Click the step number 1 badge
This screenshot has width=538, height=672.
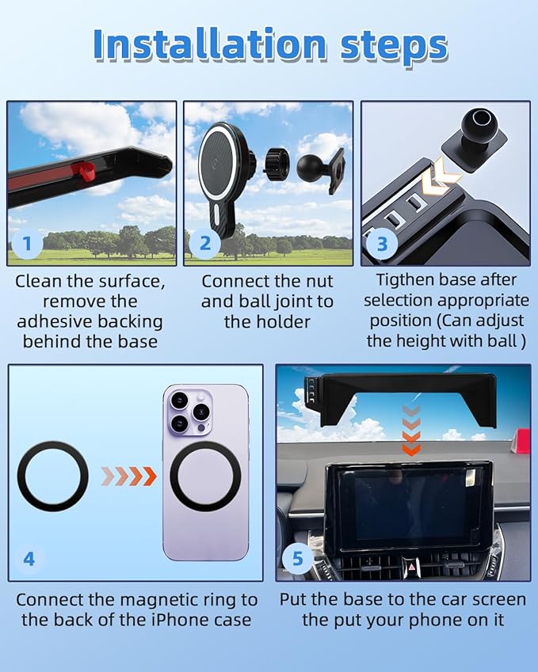28,244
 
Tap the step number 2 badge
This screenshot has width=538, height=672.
205,244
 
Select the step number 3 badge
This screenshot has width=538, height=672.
382,244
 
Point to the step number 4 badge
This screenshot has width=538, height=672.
29,559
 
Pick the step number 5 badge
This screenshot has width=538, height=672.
298,559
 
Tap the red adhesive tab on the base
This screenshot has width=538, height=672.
85,170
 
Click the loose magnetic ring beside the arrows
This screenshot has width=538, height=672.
53,476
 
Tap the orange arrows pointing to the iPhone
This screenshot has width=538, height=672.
129,476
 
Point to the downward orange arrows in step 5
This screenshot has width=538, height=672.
411,431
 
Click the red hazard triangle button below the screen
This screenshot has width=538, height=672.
411,568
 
